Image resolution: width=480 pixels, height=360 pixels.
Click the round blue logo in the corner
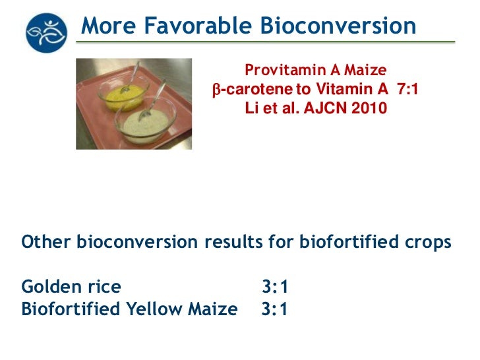point(46,32)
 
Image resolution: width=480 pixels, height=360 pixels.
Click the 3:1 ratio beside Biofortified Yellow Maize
point(274,309)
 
